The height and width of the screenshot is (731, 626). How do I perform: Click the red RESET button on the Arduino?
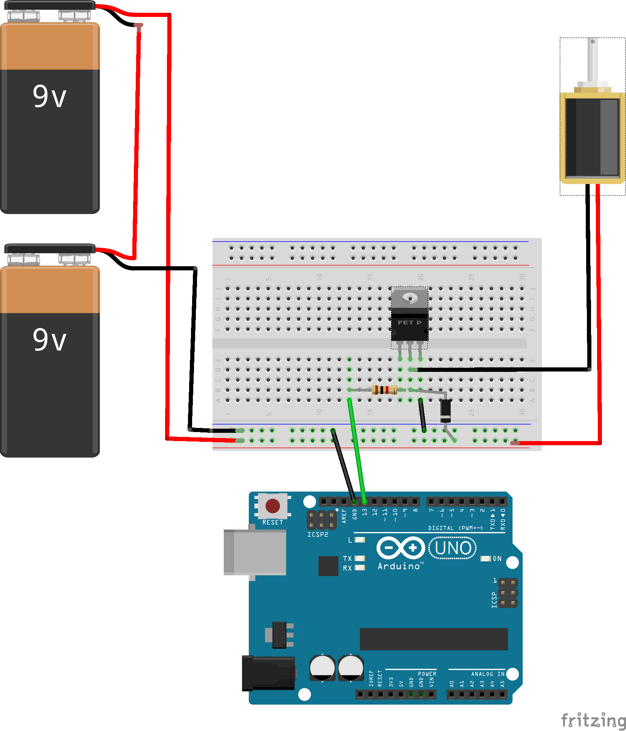point(273,506)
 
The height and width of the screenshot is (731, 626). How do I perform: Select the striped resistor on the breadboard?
point(384,390)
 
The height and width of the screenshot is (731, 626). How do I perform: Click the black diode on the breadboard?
point(446,411)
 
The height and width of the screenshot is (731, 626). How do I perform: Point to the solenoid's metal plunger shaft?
point(593,60)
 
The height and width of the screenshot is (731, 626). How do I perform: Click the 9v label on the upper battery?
point(49,96)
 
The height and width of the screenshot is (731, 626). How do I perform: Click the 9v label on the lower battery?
point(49,340)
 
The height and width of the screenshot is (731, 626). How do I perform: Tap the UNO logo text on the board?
point(453,548)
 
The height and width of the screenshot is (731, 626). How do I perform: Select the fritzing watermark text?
point(593,720)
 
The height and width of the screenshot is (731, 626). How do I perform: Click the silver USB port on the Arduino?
point(255,552)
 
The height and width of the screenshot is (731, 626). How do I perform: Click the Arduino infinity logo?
point(400,547)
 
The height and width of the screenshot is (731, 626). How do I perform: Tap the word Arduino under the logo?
point(399,566)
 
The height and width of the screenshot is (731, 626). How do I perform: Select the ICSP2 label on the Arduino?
point(318,535)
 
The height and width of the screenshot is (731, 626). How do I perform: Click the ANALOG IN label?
point(488,674)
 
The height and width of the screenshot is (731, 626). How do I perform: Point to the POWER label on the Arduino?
point(427,674)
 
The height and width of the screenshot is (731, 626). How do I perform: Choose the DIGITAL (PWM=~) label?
point(455,528)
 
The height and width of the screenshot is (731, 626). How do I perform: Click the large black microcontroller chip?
point(434,639)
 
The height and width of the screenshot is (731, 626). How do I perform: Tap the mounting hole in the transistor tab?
point(410,299)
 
